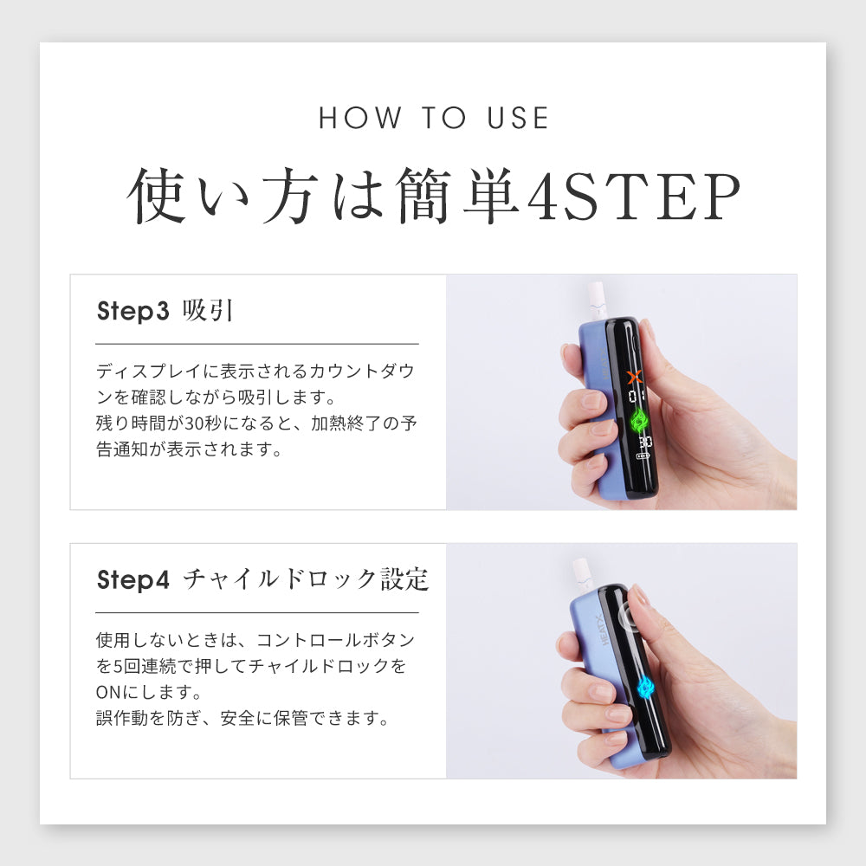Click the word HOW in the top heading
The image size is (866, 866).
360,118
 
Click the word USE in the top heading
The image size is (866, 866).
518,118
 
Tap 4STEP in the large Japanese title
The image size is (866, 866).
634,197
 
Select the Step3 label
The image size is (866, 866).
132,311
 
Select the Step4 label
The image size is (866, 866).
132,580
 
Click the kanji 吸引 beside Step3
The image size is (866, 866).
208,310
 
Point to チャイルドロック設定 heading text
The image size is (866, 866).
306,579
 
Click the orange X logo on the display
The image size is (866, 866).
635,378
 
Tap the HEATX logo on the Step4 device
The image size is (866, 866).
603,630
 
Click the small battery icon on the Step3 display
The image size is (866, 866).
643,456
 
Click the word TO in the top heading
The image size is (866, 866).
444,118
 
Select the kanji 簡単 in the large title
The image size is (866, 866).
457,197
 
